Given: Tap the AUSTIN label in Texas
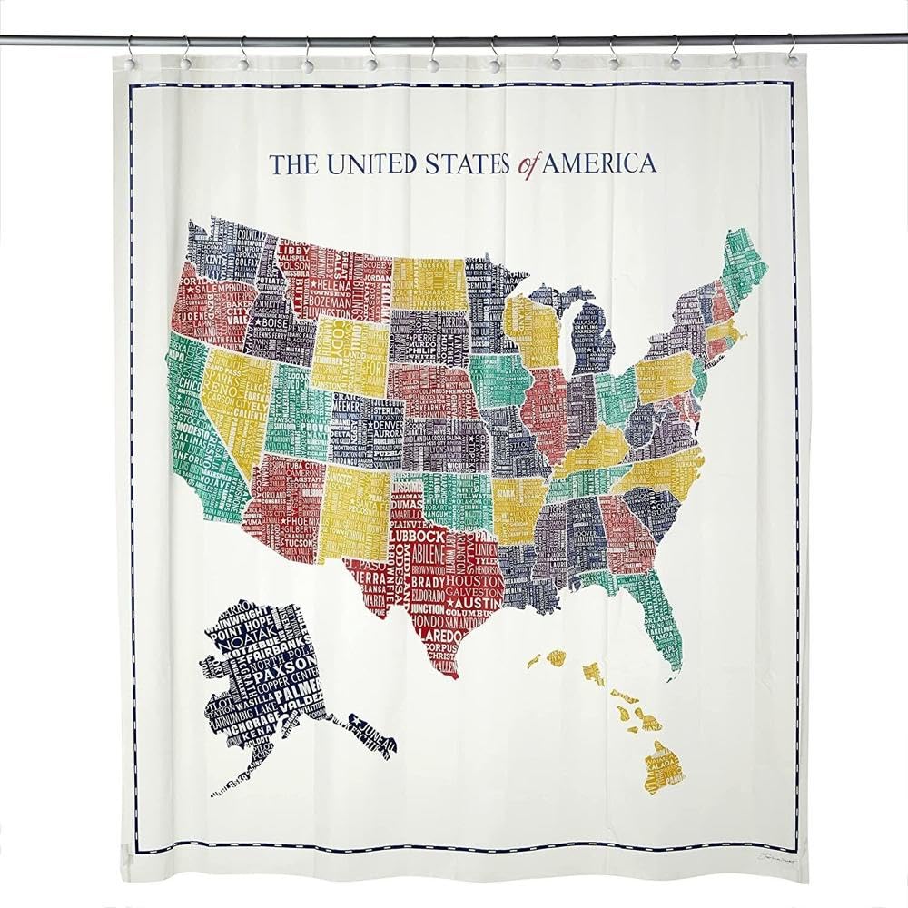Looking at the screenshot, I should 472,603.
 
